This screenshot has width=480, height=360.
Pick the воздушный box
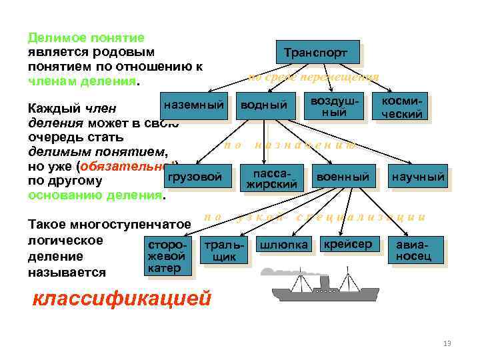pos(339,107)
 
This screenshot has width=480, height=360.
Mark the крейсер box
pos(347,244)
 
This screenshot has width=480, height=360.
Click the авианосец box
pos(417,250)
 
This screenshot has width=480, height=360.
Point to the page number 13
pos(447,343)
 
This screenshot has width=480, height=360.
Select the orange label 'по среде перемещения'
pos(313,77)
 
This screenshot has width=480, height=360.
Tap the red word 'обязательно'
pos(127,165)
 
